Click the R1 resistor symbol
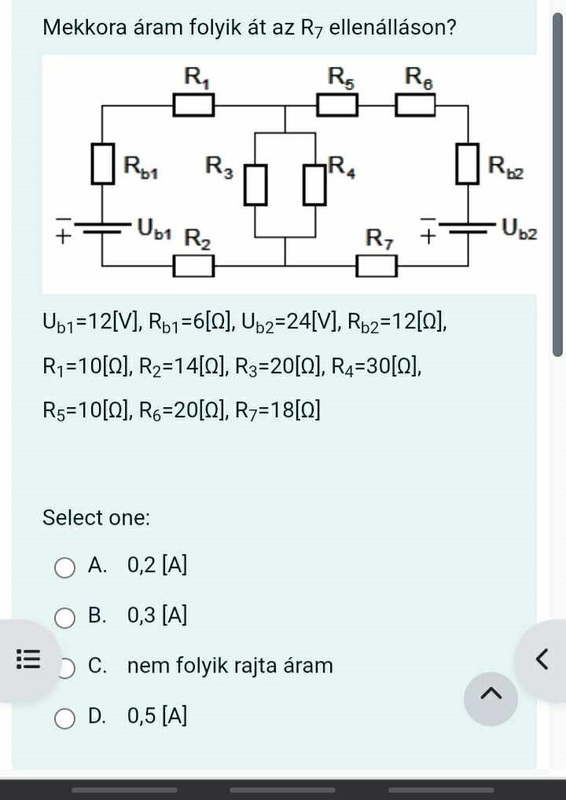tap(193, 105)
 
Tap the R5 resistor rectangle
tap(338, 105)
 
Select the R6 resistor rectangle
tap(414, 105)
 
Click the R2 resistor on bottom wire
tap(193, 267)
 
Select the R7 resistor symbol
tap(377, 267)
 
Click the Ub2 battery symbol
tap(468, 227)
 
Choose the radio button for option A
tap(65, 567)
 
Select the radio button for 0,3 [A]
tap(65, 618)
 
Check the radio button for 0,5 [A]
tap(65, 717)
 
